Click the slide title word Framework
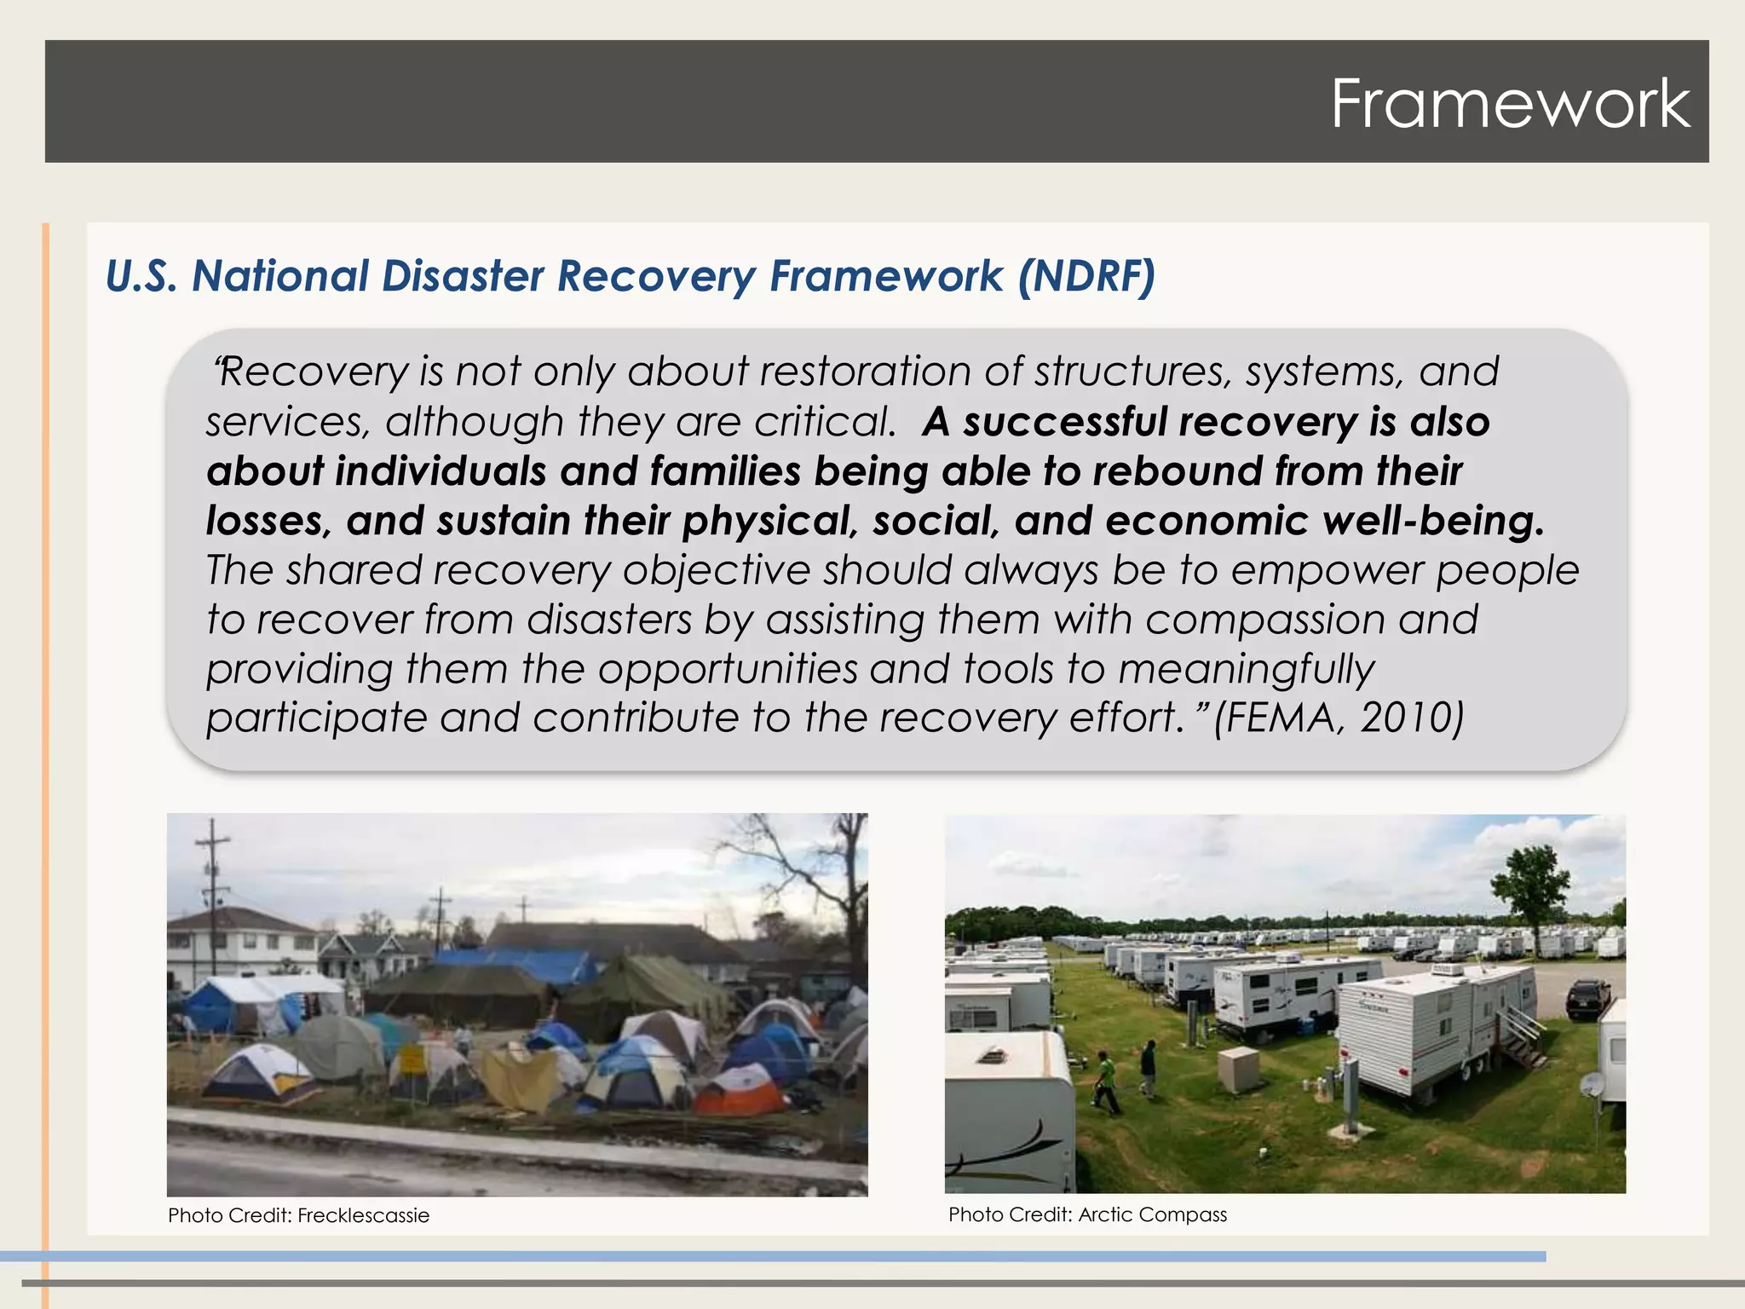(1510, 104)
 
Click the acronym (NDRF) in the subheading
(1086, 276)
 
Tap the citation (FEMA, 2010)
(1339, 718)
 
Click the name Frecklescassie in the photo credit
(364, 1215)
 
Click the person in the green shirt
(1104, 1081)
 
